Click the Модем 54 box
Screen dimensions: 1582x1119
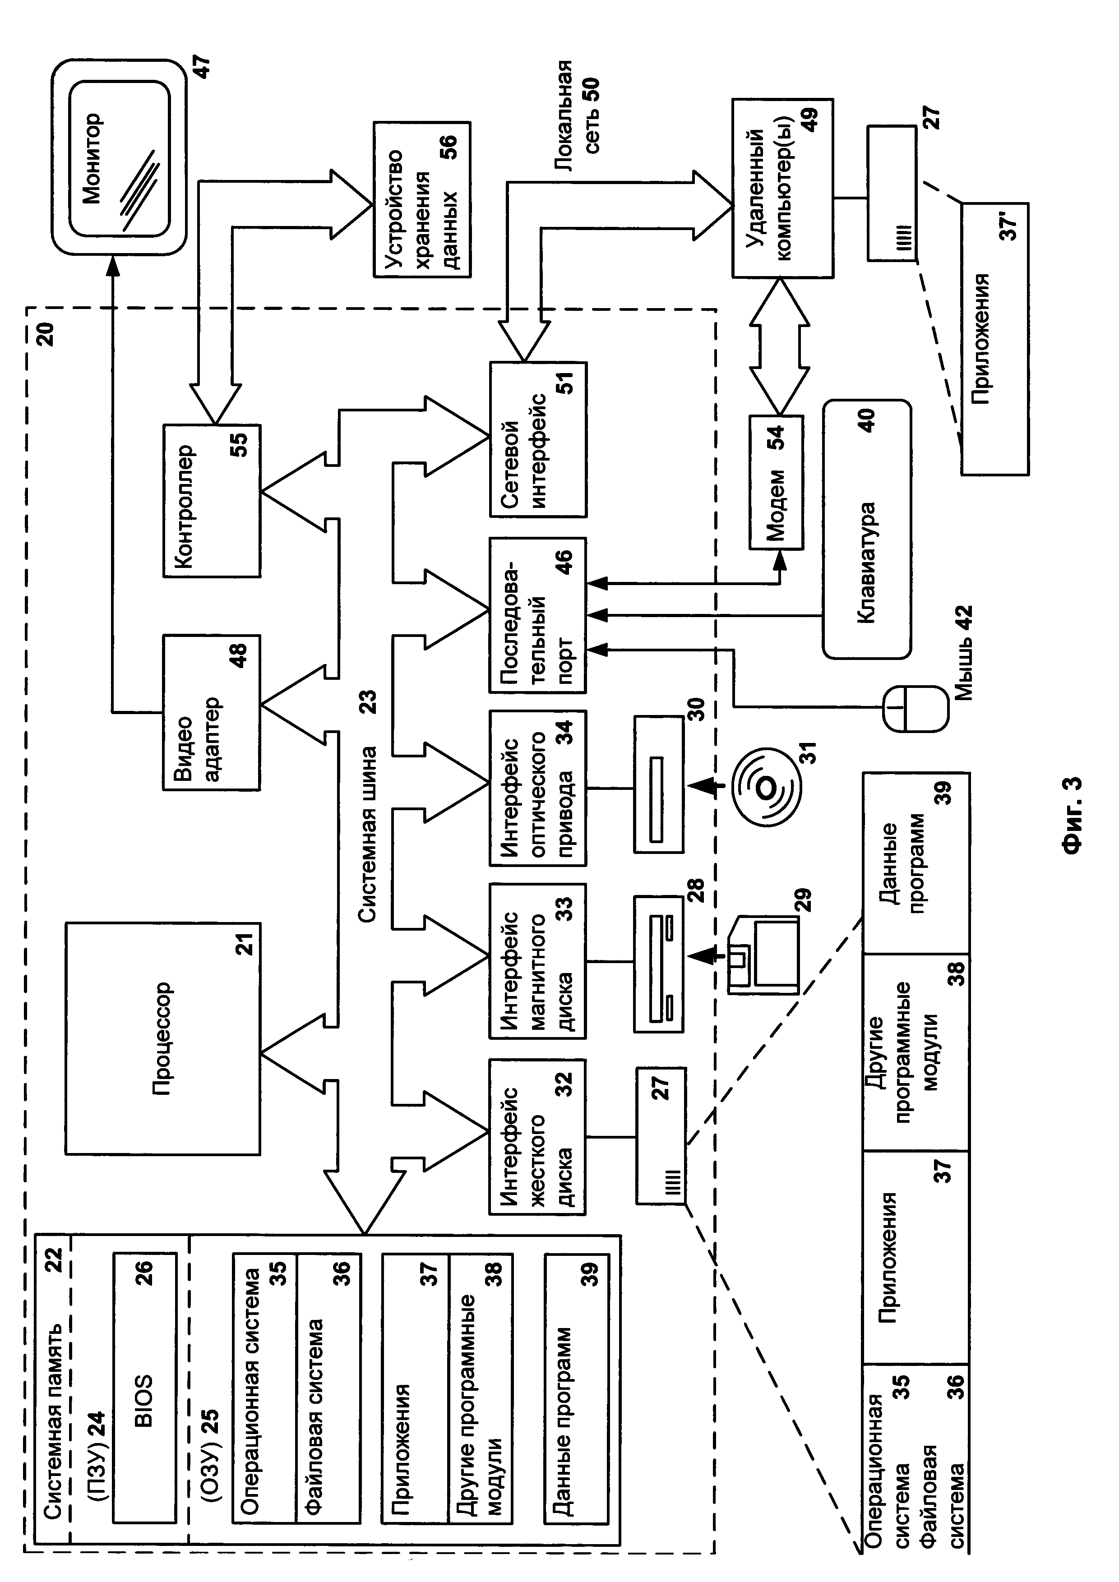coord(777,482)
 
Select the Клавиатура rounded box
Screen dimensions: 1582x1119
coord(867,529)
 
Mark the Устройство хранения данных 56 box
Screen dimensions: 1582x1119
coord(422,200)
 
